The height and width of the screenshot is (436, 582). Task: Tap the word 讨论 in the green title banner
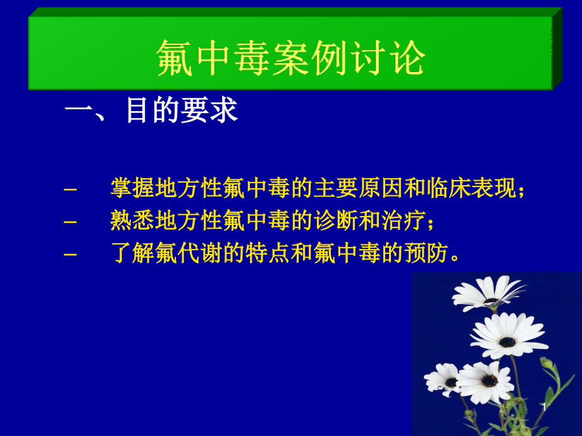click(387, 59)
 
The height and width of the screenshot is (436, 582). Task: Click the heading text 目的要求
click(182, 111)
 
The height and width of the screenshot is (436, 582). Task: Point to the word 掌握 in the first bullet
click(130, 188)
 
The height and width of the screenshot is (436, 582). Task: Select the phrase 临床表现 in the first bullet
click(471, 188)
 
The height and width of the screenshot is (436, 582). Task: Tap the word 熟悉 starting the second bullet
click(130, 221)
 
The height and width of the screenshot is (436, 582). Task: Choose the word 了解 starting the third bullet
click(130, 254)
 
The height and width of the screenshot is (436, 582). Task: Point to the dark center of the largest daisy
click(507, 342)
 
